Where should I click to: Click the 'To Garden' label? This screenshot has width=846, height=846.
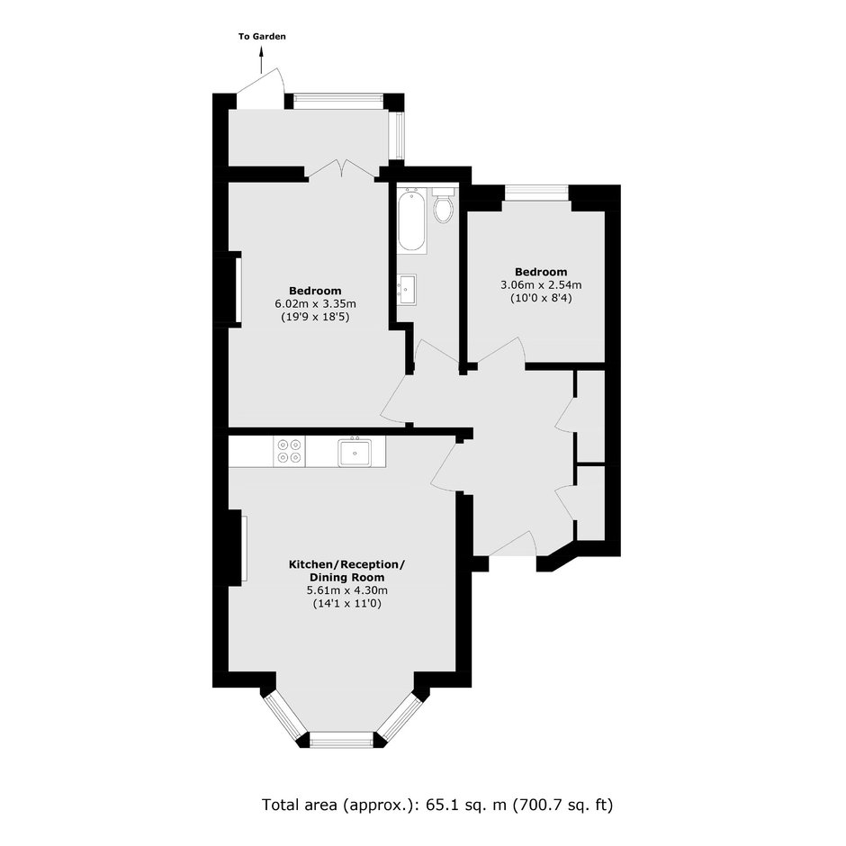pyautogui.click(x=262, y=37)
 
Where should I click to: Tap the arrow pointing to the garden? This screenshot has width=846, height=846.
pyautogui.click(x=262, y=59)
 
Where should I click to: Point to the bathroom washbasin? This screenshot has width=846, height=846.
pyautogui.click(x=406, y=290)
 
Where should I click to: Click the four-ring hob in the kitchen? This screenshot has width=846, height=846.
pyautogui.click(x=289, y=452)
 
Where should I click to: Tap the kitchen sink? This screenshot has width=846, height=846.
pyautogui.click(x=355, y=452)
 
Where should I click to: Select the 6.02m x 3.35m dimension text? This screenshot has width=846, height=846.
pyautogui.click(x=315, y=304)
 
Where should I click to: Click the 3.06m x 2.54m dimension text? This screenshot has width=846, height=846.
pyautogui.click(x=541, y=284)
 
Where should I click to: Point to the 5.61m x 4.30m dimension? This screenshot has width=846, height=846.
pyautogui.click(x=346, y=590)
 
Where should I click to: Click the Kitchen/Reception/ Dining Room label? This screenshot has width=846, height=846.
pyautogui.click(x=346, y=571)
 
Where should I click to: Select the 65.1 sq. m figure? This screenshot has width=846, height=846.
pyautogui.click(x=466, y=805)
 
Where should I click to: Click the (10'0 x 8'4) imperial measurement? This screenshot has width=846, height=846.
pyautogui.click(x=541, y=297)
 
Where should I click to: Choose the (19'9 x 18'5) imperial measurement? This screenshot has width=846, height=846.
pyautogui.click(x=315, y=317)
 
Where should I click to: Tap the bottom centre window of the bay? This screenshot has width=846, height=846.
pyautogui.click(x=341, y=740)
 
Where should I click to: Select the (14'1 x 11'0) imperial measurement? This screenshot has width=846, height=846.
pyautogui.click(x=346, y=604)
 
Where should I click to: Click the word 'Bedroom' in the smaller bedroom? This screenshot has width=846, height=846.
pyautogui.click(x=541, y=272)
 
